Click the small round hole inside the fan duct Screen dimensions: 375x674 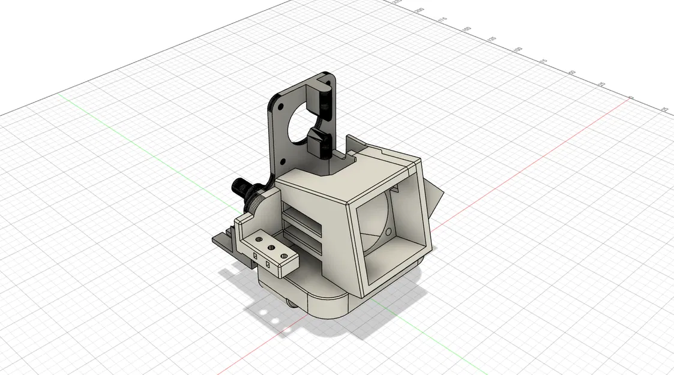click(390, 231)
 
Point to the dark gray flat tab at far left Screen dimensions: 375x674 click(222, 241)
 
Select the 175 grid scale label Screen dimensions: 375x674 click(443, 20)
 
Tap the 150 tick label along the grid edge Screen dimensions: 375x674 click(466, 29)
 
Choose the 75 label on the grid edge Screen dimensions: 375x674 click(544, 61)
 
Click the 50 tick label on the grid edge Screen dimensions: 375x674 click(573, 73)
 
